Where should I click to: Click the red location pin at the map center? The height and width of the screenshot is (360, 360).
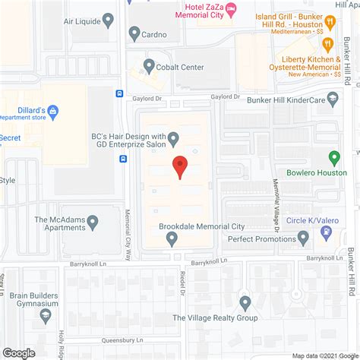(x=179, y=166)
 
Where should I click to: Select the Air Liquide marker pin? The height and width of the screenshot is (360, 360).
(x=109, y=20)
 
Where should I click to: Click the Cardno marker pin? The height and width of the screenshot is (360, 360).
(x=135, y=33)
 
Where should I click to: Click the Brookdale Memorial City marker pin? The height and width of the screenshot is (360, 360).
(x=172, y=239)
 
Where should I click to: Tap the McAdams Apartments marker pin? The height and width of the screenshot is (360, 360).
(x=93, y=222)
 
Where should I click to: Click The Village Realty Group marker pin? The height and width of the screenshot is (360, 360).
(x=245, y=302)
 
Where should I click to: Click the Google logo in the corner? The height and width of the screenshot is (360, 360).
(x=19, y=352)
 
